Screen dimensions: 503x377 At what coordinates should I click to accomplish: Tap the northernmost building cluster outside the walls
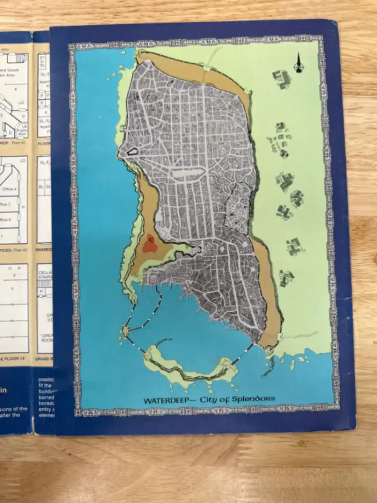[282, 78]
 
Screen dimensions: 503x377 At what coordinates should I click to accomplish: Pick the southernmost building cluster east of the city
[286, 278]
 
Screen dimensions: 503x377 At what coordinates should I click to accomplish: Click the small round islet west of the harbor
[126, 330]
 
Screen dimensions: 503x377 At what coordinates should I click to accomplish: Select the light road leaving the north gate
[213, 62]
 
